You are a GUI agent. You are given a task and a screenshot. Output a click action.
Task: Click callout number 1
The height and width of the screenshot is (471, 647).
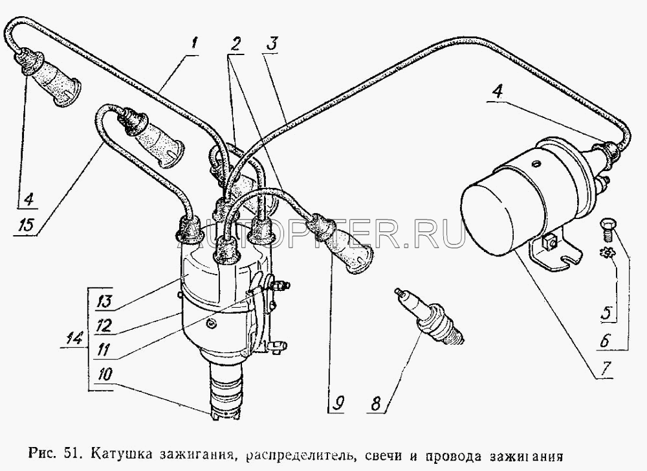pos(194,45)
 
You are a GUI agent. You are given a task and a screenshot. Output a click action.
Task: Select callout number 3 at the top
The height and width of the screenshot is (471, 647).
pos(272,45)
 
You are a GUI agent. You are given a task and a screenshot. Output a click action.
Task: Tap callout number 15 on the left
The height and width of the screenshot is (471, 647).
pos(28,226)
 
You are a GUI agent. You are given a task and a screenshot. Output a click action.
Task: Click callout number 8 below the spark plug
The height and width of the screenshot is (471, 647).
pos(375,403)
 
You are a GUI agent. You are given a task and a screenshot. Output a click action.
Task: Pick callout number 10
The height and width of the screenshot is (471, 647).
pos(105,375)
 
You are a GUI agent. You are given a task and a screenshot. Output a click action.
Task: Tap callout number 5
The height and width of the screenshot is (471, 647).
pos(606,313)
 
